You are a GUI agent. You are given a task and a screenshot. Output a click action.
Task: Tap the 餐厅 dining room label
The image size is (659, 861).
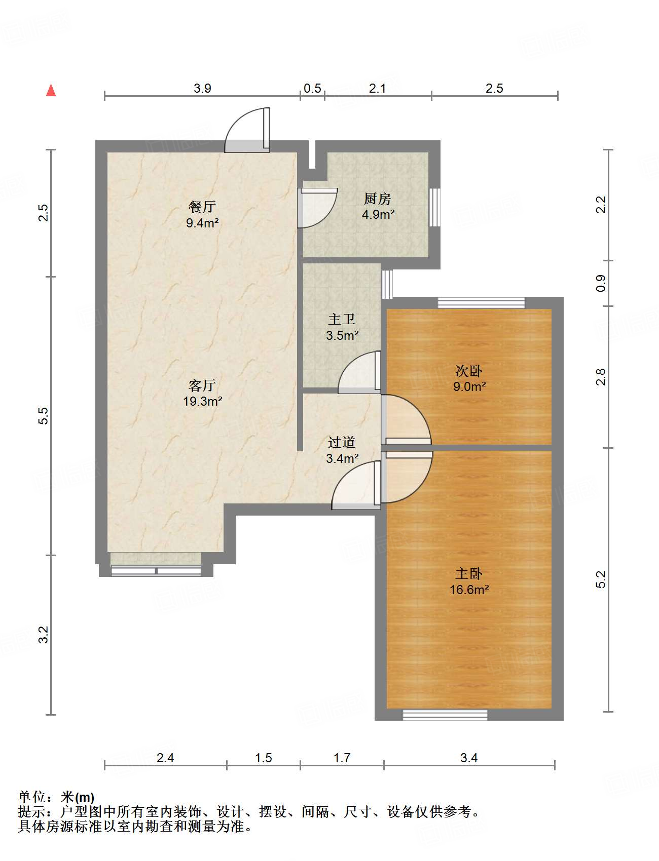coord(202,207)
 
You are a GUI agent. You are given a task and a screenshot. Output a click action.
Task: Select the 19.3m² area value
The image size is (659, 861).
coord(203,401)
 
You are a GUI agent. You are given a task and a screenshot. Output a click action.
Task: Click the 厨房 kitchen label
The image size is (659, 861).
coord(378,199)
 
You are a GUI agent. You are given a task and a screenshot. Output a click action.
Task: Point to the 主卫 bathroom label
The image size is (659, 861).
coord(342,319)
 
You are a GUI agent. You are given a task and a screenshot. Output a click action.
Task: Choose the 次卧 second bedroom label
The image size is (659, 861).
coord(469,371)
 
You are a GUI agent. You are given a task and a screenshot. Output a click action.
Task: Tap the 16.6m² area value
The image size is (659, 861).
coord(469,590)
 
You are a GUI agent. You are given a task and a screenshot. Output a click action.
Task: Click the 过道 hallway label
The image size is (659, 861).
coord(341,442)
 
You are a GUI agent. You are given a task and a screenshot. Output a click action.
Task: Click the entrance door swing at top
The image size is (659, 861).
coord(247,130)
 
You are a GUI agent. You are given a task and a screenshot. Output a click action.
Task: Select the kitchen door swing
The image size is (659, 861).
coord(317,208)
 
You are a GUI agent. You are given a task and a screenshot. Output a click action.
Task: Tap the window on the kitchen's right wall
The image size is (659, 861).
coord(434,207)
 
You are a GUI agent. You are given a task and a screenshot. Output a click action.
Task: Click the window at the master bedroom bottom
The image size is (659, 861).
coord(445,715)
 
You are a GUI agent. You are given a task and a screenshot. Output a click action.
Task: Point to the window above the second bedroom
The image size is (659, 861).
coord(482,303)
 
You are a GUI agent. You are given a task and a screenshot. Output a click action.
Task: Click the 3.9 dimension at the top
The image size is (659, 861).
coord(202,88)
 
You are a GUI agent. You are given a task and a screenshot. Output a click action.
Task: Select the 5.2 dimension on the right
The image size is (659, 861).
coord(601,579)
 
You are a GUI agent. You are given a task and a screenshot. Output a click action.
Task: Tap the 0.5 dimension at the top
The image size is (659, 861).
coord(312,88)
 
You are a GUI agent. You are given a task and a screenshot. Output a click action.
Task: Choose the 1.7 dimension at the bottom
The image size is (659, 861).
coord(342,758)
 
